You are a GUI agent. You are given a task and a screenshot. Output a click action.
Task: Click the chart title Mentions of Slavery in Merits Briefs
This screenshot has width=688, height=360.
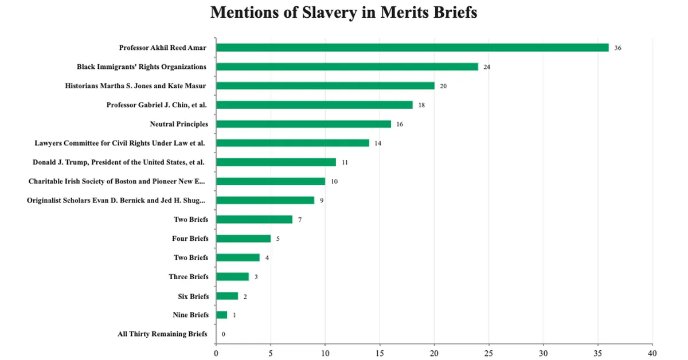tap(343, 13)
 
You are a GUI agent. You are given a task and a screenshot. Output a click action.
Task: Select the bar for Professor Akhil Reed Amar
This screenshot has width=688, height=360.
tap(412, 48)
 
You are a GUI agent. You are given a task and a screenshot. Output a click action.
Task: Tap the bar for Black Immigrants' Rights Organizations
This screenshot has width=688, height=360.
tap(347, 66)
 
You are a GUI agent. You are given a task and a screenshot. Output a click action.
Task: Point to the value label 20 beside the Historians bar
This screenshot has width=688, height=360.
tap(443, 86)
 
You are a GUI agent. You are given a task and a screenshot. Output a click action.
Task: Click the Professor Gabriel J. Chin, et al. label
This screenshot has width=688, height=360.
tap(157, 105)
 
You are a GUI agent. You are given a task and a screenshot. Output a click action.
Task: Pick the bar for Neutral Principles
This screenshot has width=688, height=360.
tap(303, 124)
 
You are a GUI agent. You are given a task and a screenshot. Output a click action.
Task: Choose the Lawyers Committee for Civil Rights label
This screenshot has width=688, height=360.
tap(120, 143)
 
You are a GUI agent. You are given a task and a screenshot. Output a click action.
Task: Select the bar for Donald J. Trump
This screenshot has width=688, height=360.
tap(276, 162)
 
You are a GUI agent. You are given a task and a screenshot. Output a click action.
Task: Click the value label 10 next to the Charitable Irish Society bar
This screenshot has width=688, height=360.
tap(334, 181)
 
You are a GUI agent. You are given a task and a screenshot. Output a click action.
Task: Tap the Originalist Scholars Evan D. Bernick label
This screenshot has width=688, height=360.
tap(116, 200)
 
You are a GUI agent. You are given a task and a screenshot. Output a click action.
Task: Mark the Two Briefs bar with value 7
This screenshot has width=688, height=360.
tap(254, 220)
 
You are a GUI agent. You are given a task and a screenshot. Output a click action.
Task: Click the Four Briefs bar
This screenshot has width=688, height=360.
tap(243, 238)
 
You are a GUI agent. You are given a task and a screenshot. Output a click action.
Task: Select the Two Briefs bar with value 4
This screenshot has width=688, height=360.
tap(238, 257)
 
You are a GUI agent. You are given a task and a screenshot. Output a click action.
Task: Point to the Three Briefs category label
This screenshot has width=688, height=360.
tap(189, 277)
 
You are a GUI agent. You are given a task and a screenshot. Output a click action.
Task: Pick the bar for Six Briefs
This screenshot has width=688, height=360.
tap(227, 296)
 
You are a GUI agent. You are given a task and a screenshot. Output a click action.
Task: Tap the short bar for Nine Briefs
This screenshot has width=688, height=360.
tap(222, 315)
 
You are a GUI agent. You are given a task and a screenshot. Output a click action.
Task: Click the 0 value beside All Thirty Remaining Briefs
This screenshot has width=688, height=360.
tap(223, 334)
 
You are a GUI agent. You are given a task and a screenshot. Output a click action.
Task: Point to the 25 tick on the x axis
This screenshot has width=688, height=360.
tap(489, 353)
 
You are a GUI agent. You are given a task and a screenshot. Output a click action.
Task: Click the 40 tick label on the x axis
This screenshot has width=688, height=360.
tap(652, 353)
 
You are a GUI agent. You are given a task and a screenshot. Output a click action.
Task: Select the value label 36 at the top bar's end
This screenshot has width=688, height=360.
tap(617, 48)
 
